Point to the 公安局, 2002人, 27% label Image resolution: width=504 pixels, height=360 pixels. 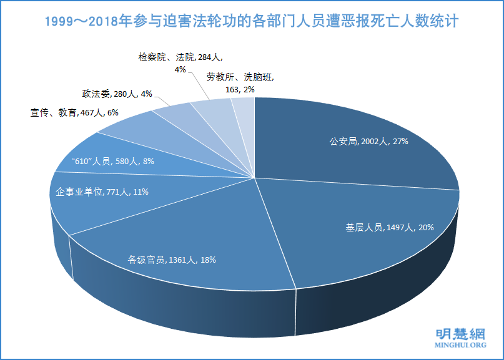[368, 142]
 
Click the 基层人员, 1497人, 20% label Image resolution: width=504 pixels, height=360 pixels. [390, 227]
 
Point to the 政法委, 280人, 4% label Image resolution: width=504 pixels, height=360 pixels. [117, 94]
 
